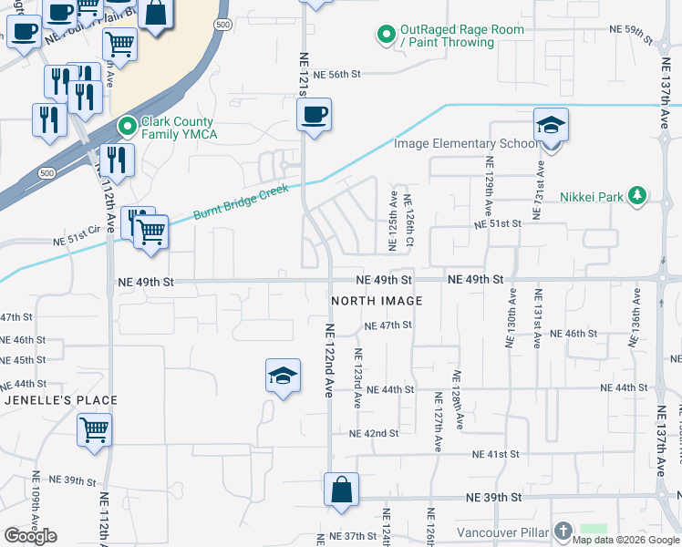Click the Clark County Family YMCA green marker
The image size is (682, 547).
(x=127, y=127)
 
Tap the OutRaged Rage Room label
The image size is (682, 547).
(x=463, y=36)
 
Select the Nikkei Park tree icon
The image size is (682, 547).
(x=637, y=194)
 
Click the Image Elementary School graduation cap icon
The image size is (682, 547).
(x=551, y=124)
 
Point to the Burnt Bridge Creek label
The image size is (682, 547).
(x=241, y=202)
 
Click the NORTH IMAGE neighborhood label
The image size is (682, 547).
(x=377, y=301)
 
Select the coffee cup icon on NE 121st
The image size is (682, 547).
(x=314, y=115)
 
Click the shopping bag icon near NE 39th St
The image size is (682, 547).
(x=341, y=489)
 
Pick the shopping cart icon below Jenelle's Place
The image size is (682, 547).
(x=95, y=428)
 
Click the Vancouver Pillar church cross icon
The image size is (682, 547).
(x=563, y=530)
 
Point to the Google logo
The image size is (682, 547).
(x=30, y=536)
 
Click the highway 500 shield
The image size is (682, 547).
(x=223, y=25)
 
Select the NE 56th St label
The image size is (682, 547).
(x=337, y=75)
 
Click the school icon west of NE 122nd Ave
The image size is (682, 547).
(x=283, y=375)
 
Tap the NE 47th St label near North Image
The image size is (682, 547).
(x=387, y=325)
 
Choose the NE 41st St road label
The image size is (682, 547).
(x=495, y=453)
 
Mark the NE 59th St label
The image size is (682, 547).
(x=631, y=33)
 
